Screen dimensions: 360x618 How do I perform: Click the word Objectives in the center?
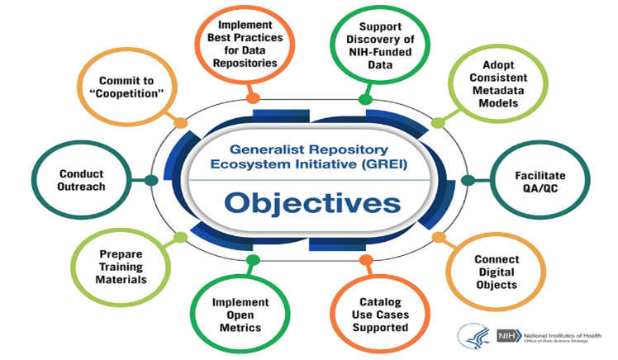tap(311, 202)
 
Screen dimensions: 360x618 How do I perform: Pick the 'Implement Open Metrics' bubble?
tap(235, 315)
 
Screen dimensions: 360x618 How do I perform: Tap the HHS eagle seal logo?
tap(473, 335)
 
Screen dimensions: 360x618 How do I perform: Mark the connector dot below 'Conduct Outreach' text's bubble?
tap(150, 180)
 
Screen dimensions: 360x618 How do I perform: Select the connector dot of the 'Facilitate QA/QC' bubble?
tap(468, 180)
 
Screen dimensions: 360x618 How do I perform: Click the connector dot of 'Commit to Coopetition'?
tap(181, 123)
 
